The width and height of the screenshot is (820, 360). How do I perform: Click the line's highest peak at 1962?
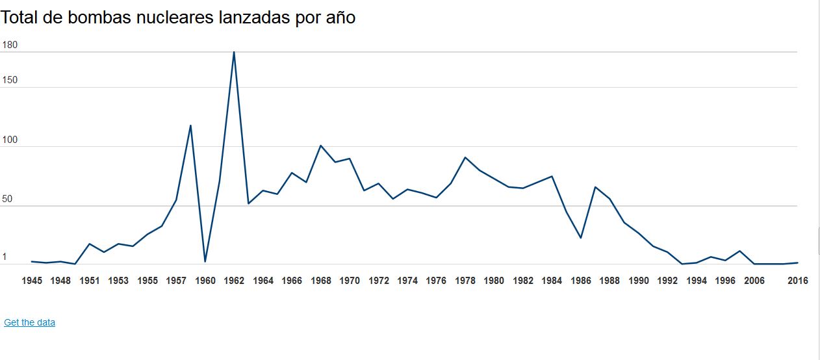234,52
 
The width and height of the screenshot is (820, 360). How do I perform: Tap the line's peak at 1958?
190,125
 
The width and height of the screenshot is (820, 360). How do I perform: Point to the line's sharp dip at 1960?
205,262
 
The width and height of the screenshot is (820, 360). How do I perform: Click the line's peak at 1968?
321,146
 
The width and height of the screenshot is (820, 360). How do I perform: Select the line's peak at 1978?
465,157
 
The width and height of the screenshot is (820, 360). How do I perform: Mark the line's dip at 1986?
581,238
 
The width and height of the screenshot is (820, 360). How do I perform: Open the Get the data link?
29,322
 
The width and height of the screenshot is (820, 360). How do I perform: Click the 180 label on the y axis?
10,45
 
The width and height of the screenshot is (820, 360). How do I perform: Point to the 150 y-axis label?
10,81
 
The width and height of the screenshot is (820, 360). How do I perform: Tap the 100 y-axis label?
10,140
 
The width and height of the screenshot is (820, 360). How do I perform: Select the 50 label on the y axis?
7,199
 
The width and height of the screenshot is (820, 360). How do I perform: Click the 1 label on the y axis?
5,257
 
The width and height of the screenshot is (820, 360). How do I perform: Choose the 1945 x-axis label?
32,281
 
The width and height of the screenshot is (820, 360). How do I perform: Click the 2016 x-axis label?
797,281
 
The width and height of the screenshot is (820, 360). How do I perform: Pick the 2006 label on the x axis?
754,281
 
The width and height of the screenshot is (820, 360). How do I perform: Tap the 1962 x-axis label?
234,281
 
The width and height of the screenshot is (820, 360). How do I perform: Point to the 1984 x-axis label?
552,281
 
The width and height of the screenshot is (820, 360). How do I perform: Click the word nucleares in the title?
170,18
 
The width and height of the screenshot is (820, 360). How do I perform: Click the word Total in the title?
19,18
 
